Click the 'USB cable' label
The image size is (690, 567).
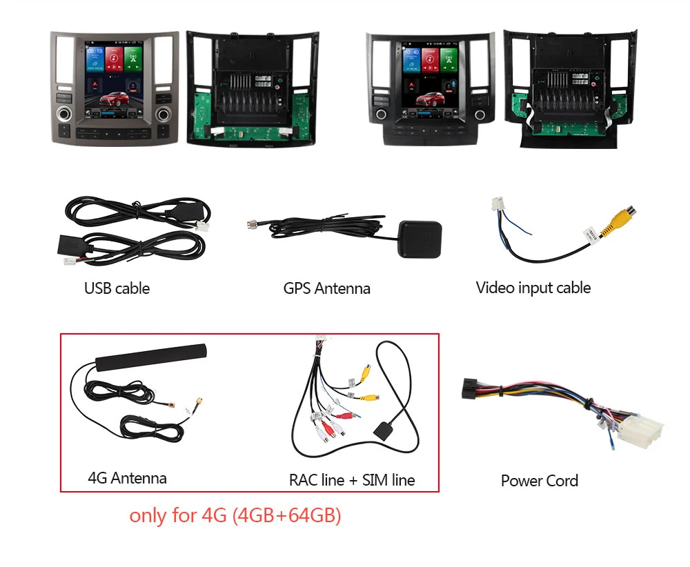pos(117,288)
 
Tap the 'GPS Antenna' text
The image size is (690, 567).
pos(326,288)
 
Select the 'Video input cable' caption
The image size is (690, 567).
pos(533,287)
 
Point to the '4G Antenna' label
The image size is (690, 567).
pos(127,477)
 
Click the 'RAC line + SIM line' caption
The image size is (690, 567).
pos(352,479)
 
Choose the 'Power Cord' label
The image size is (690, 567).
pos(539,481)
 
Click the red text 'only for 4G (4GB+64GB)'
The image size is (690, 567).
pos(235,515)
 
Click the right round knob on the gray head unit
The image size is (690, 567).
pos(164,113)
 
